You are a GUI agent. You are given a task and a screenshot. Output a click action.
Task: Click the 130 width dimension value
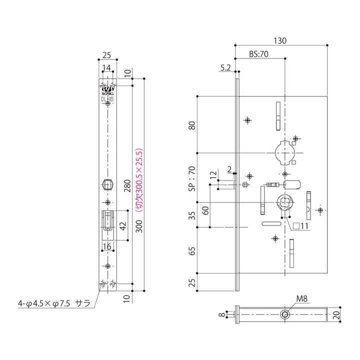(280, 41)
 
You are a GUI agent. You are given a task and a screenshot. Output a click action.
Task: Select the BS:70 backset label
(259, 54)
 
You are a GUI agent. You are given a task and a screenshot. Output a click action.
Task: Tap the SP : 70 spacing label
(191, 179)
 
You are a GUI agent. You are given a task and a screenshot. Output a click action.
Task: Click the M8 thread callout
(301, 299)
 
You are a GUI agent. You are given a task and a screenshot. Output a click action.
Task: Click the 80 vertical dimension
(191, 125)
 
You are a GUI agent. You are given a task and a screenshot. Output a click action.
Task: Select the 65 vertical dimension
(191, 250)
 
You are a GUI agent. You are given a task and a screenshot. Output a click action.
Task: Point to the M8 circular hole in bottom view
(285, 314)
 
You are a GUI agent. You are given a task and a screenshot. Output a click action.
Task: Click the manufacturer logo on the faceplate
(107, 87)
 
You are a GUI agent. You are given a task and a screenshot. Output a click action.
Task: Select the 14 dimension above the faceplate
(107, 67)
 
